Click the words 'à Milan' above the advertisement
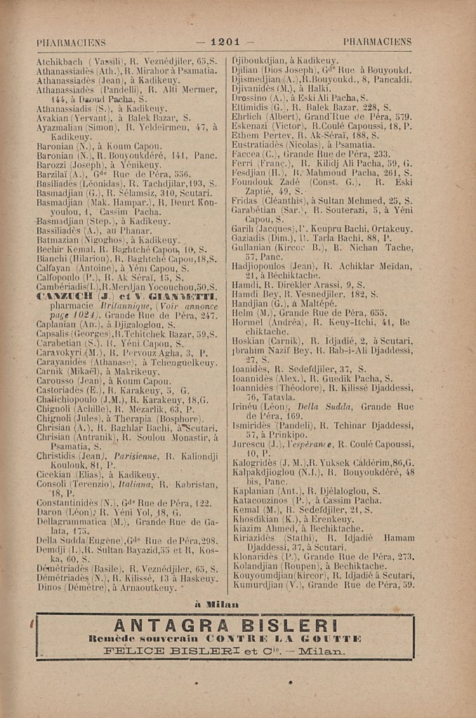[x=216, y=604]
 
